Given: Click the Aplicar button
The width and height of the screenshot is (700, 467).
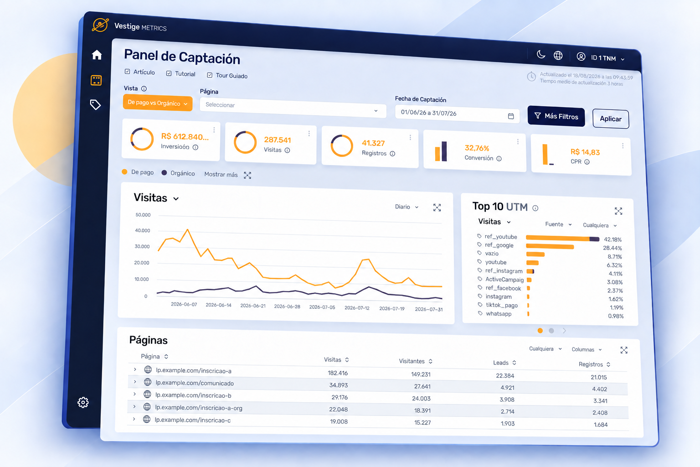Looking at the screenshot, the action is pos(611,119).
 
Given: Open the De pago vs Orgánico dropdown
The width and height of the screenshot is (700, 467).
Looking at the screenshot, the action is pos(158,103).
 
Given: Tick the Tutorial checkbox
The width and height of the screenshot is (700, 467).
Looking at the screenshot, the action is pos(169,73).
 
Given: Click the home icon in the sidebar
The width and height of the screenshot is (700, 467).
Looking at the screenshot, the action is pos(97,55).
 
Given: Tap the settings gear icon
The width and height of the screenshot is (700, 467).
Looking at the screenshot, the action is pos(83,402).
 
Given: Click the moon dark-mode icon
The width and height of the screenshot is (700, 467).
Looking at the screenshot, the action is pos(540,54).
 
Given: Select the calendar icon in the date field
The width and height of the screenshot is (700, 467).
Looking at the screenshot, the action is pos(510,116).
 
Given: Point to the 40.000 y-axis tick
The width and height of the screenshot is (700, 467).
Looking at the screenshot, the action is pos(143,230).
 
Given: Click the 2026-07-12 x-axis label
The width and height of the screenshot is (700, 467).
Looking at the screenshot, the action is pos(357,308).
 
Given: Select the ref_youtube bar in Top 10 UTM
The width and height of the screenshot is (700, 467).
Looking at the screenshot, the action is pos(562,239).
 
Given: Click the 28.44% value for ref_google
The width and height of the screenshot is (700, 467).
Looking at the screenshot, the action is pos(612,248).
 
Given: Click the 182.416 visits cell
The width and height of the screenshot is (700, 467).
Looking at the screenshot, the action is pos(338,373).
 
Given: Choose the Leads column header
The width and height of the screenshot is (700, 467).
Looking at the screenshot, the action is pos(501,363).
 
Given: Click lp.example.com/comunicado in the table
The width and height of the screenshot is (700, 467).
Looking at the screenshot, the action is pos(195,383).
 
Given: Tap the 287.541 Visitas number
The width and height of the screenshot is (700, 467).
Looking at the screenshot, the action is pos(277,140).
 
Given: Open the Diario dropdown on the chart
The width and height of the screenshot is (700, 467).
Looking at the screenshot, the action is pos(406,207).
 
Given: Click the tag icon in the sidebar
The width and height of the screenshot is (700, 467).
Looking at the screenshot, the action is pos(95,104).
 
